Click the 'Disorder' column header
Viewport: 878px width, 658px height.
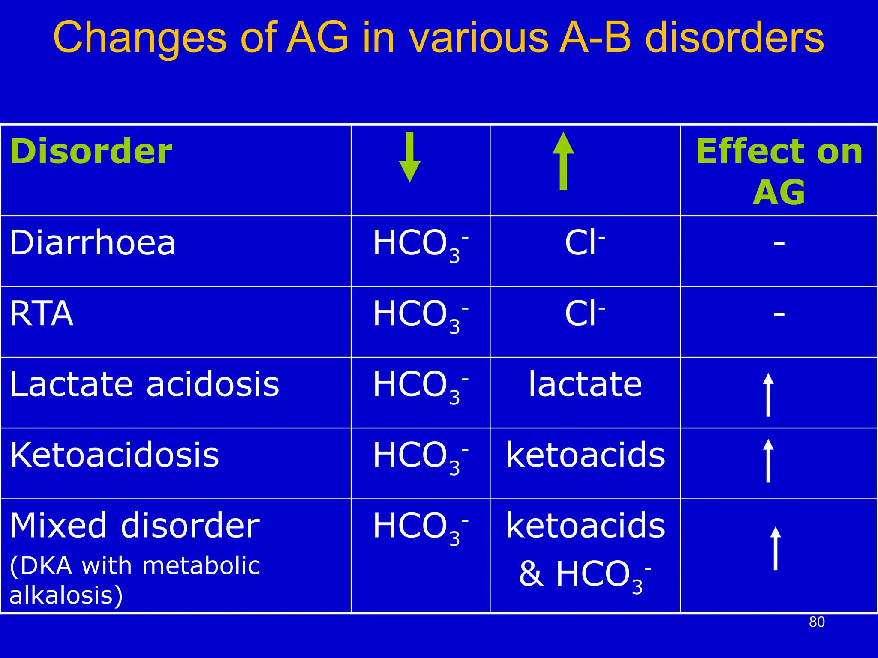(91, 152)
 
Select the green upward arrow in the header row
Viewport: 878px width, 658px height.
(563, 161)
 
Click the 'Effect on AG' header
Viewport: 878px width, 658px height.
(779, 171)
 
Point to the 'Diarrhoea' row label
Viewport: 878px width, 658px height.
(93, 243)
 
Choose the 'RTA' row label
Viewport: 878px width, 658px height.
(42, 314)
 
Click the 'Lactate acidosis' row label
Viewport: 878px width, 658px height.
(144, 384)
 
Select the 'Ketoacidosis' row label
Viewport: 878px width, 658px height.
(114, 455)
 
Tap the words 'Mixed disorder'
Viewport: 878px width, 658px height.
(135, 526)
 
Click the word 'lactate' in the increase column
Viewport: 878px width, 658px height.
(585, 384)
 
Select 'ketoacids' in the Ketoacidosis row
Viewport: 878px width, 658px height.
(585, 455)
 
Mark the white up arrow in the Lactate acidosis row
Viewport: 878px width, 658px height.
(768, 395)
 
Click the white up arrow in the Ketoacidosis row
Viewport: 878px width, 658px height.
(768, 461)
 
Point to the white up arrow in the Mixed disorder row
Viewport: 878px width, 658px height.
(775, 548)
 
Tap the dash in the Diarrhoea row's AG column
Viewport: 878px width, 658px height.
(779, 244)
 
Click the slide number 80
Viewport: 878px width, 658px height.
(817, 622)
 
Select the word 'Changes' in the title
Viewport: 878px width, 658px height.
(140, 39)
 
